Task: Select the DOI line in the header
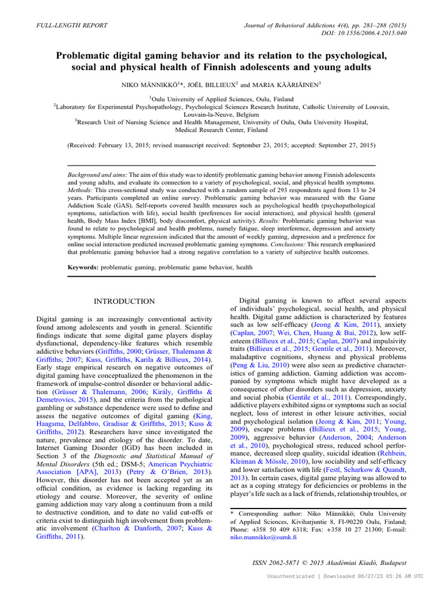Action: coord(366,34)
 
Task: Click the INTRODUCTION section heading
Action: coord(124,301)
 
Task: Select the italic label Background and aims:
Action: coord(96,174)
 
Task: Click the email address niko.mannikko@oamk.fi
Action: coord(263,537)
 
